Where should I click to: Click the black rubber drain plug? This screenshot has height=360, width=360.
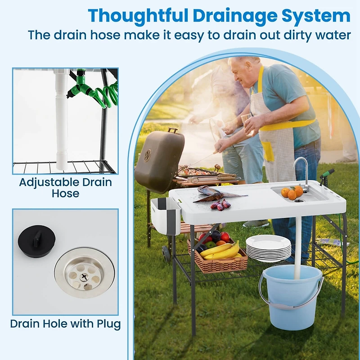point(37,241)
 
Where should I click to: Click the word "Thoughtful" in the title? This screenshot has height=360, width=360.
point(138,16)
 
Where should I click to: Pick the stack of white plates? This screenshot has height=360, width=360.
point(268,248)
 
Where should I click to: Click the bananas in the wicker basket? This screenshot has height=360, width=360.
point(220,251)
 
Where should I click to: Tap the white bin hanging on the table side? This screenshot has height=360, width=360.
point(166,216)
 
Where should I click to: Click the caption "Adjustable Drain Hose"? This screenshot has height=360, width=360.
point(66,188)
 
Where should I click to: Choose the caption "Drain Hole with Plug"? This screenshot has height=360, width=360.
point(65,324)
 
